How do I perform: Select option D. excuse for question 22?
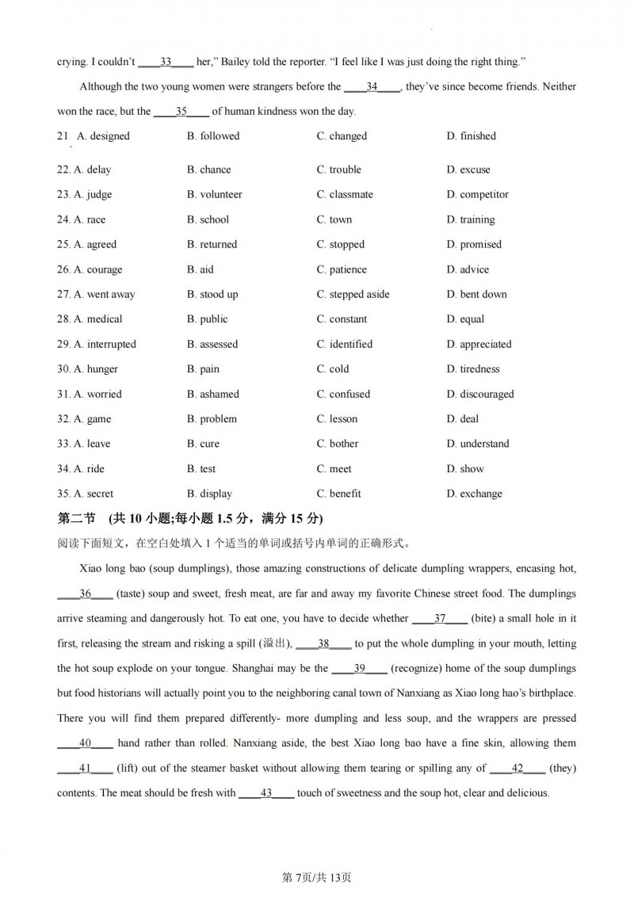(x=468, y=170)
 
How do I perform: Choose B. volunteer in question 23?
(x=214, y=194)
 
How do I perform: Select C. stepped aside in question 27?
(x=353, y=294)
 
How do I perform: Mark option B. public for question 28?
(x=207, y=319)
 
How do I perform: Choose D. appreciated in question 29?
(x=479, y=344)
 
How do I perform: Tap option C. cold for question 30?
(x=333, y=369)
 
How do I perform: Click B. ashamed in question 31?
(x=212, y=394)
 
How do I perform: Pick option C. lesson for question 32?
(x=337, y=419)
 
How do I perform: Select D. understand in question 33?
(x=478, y=444)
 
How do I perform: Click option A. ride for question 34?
(x=89, y=469)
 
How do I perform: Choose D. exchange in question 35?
(x=474, y=494)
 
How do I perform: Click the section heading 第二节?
(x=77, y=518)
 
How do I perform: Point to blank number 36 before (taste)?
(x=86, y=594)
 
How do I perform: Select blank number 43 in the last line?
(x=266, y=793)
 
